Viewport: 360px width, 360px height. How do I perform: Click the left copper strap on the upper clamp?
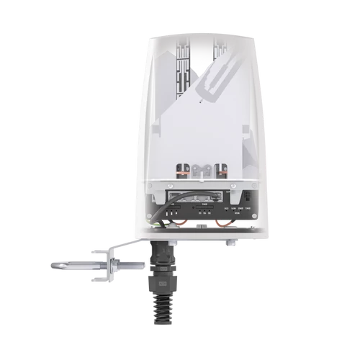click(x=185, y=171)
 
